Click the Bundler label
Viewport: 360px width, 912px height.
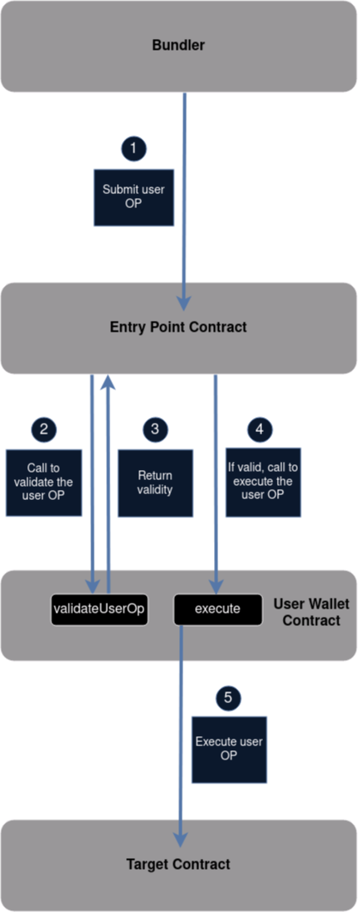point(178,45)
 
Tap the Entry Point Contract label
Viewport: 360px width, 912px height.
point(178,327)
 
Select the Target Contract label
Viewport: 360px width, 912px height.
point(178,864)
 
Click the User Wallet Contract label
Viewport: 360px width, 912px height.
point(306,613)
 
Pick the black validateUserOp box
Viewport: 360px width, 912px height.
point(99,609)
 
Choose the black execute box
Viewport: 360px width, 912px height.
point(217,609)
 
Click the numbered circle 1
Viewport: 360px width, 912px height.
point(134,148)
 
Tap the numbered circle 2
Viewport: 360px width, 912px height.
point(44,429)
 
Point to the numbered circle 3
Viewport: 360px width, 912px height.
point(155,429)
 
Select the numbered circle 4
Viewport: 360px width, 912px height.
point(260,429)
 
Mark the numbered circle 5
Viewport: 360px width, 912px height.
point(228,697)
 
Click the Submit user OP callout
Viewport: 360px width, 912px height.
point(134,197)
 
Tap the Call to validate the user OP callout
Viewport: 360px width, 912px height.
point(44,483)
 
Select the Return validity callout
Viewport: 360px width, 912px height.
point(155,483)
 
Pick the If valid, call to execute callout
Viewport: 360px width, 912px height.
point(264,483)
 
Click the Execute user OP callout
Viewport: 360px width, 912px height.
point(229,749)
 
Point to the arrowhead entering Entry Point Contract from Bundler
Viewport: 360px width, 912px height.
point(184,303)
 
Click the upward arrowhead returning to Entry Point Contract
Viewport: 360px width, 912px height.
point(108,381)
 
